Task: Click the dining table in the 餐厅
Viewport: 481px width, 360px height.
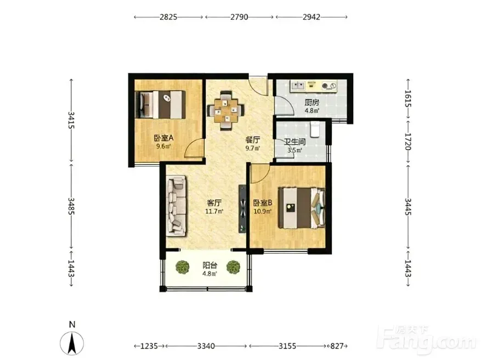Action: [x=226, y=110]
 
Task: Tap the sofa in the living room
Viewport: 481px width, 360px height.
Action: [x=177, y=206]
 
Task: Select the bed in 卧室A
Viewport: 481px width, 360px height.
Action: [x=161, y=104]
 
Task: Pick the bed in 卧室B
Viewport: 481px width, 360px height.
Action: [x=302, y=208]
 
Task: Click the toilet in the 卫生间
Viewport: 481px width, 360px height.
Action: [x=315, y=130]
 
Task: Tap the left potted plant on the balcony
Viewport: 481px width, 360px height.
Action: [x=183, y=267]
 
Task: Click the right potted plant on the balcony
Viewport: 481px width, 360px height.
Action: [x=234, y=267]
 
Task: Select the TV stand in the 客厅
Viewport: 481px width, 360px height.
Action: [x=242, y=209]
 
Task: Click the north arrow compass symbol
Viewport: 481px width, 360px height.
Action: [x=72, y=344]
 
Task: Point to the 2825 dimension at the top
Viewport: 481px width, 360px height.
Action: [x=168, y=17]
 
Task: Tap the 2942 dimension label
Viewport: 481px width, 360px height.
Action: [x=312, y=17]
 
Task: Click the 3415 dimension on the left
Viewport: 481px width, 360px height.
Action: [x=71, y=120]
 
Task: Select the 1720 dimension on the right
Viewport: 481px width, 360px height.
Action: [x=408, y=141]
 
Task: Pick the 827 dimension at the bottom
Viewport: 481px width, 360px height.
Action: [x=337, y=346]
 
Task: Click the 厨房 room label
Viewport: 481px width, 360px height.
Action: [x=312, y=103]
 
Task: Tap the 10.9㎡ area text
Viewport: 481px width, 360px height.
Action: [x=263, y=211]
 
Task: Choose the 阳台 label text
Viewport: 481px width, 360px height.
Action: [x=210, y=265]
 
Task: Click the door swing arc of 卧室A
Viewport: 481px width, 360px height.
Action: [x=192, y=144]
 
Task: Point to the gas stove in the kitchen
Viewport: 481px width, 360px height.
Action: [x=330, y=85]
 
